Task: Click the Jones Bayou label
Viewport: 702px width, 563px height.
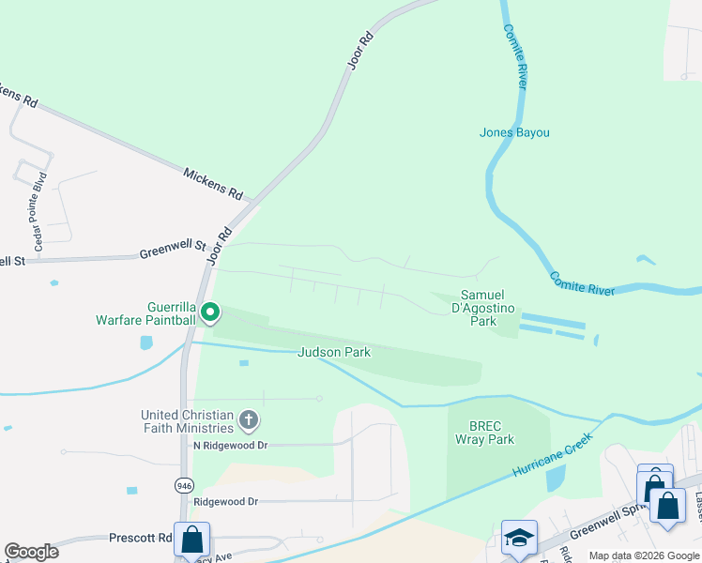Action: pyautogui.click(x=514, y=132)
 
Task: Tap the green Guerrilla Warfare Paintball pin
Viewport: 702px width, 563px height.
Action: pyautogui.click(x=211, y=312)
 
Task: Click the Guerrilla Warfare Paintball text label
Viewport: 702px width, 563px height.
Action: pyautogui.click(x=145, y=313)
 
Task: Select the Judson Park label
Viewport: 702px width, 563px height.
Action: pyautogui.click(x=334, y=353)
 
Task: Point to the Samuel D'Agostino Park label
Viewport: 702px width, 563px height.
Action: pyautogui.click(x=483, y=308)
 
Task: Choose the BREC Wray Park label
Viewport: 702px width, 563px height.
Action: pyautogui.click(x=484, y=432)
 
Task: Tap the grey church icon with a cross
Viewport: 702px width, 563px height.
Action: pyautogui.click(x=249, y=419)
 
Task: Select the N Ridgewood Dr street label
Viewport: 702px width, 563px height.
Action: pyautogui.click(x=230, y=445)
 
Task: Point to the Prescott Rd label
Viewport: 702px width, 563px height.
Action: pyautogui.click(x=141, y=539)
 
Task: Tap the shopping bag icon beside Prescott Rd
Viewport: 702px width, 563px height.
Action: pyautogui.click(x=191, y=540)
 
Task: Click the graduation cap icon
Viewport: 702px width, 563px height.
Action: pyautogui.click(x=519, y=538)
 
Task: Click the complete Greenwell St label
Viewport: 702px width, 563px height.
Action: pyautogui.click(x=173, y=250)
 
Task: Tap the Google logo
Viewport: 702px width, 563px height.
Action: pyautogui.click(x=31, y=552)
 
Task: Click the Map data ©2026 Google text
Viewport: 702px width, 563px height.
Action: pyautogui.click(x=645, y=555)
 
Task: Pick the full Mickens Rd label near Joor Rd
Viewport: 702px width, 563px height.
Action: pyautogui.click(x=212, y=183)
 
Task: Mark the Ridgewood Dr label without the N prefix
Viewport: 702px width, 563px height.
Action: pyautogui.click(x=224, y=502)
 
